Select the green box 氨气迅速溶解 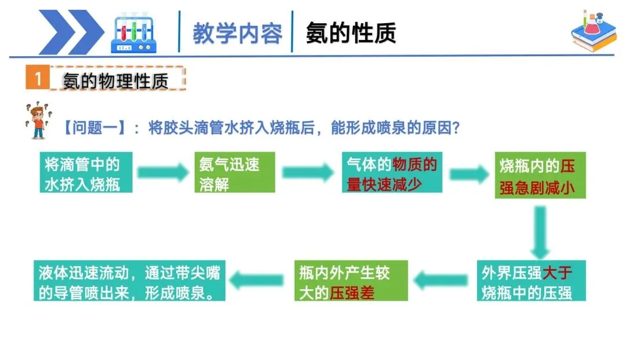(234, 173)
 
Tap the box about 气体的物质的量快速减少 (392, 173)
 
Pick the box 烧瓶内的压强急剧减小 (540, 176)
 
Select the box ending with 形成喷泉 (129, 281)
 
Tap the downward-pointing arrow (540, 231)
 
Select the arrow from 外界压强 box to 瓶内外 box (442, 281)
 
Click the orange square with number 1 (38, 79)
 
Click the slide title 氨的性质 (351, 33)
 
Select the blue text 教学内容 (238, 34)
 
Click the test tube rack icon (134, 34)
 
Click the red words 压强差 (352, 292)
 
